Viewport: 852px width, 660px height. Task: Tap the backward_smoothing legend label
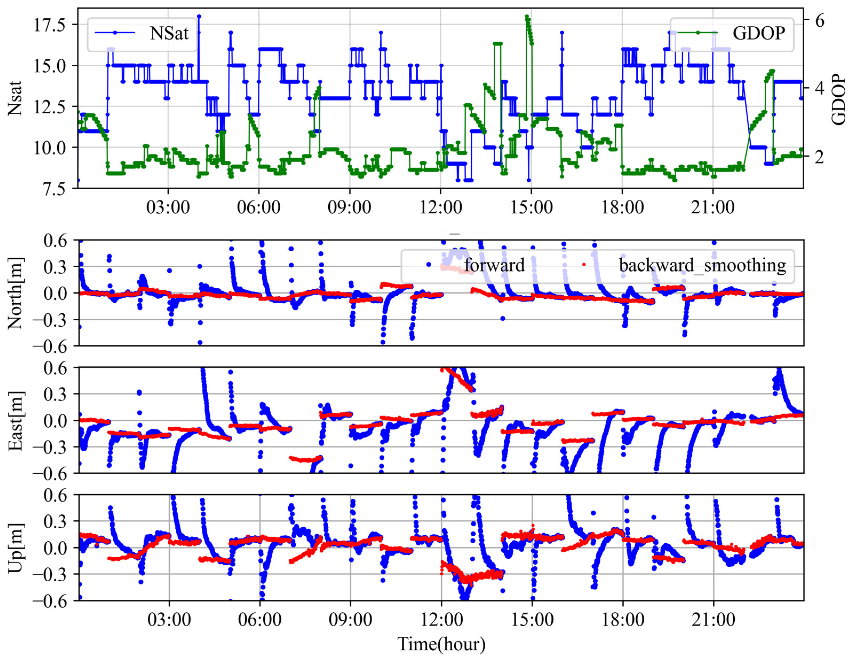point(702,265)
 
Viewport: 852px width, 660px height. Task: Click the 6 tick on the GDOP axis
point(820,20)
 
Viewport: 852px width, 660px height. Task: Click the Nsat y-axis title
point(15,98)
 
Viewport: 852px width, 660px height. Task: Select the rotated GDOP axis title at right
point(839,100)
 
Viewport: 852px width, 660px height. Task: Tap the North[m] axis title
point(15,293)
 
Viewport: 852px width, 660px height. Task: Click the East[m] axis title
point(15,420)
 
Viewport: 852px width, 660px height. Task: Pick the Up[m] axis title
point(15,548)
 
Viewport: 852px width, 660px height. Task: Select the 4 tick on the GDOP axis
point(820,88)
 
